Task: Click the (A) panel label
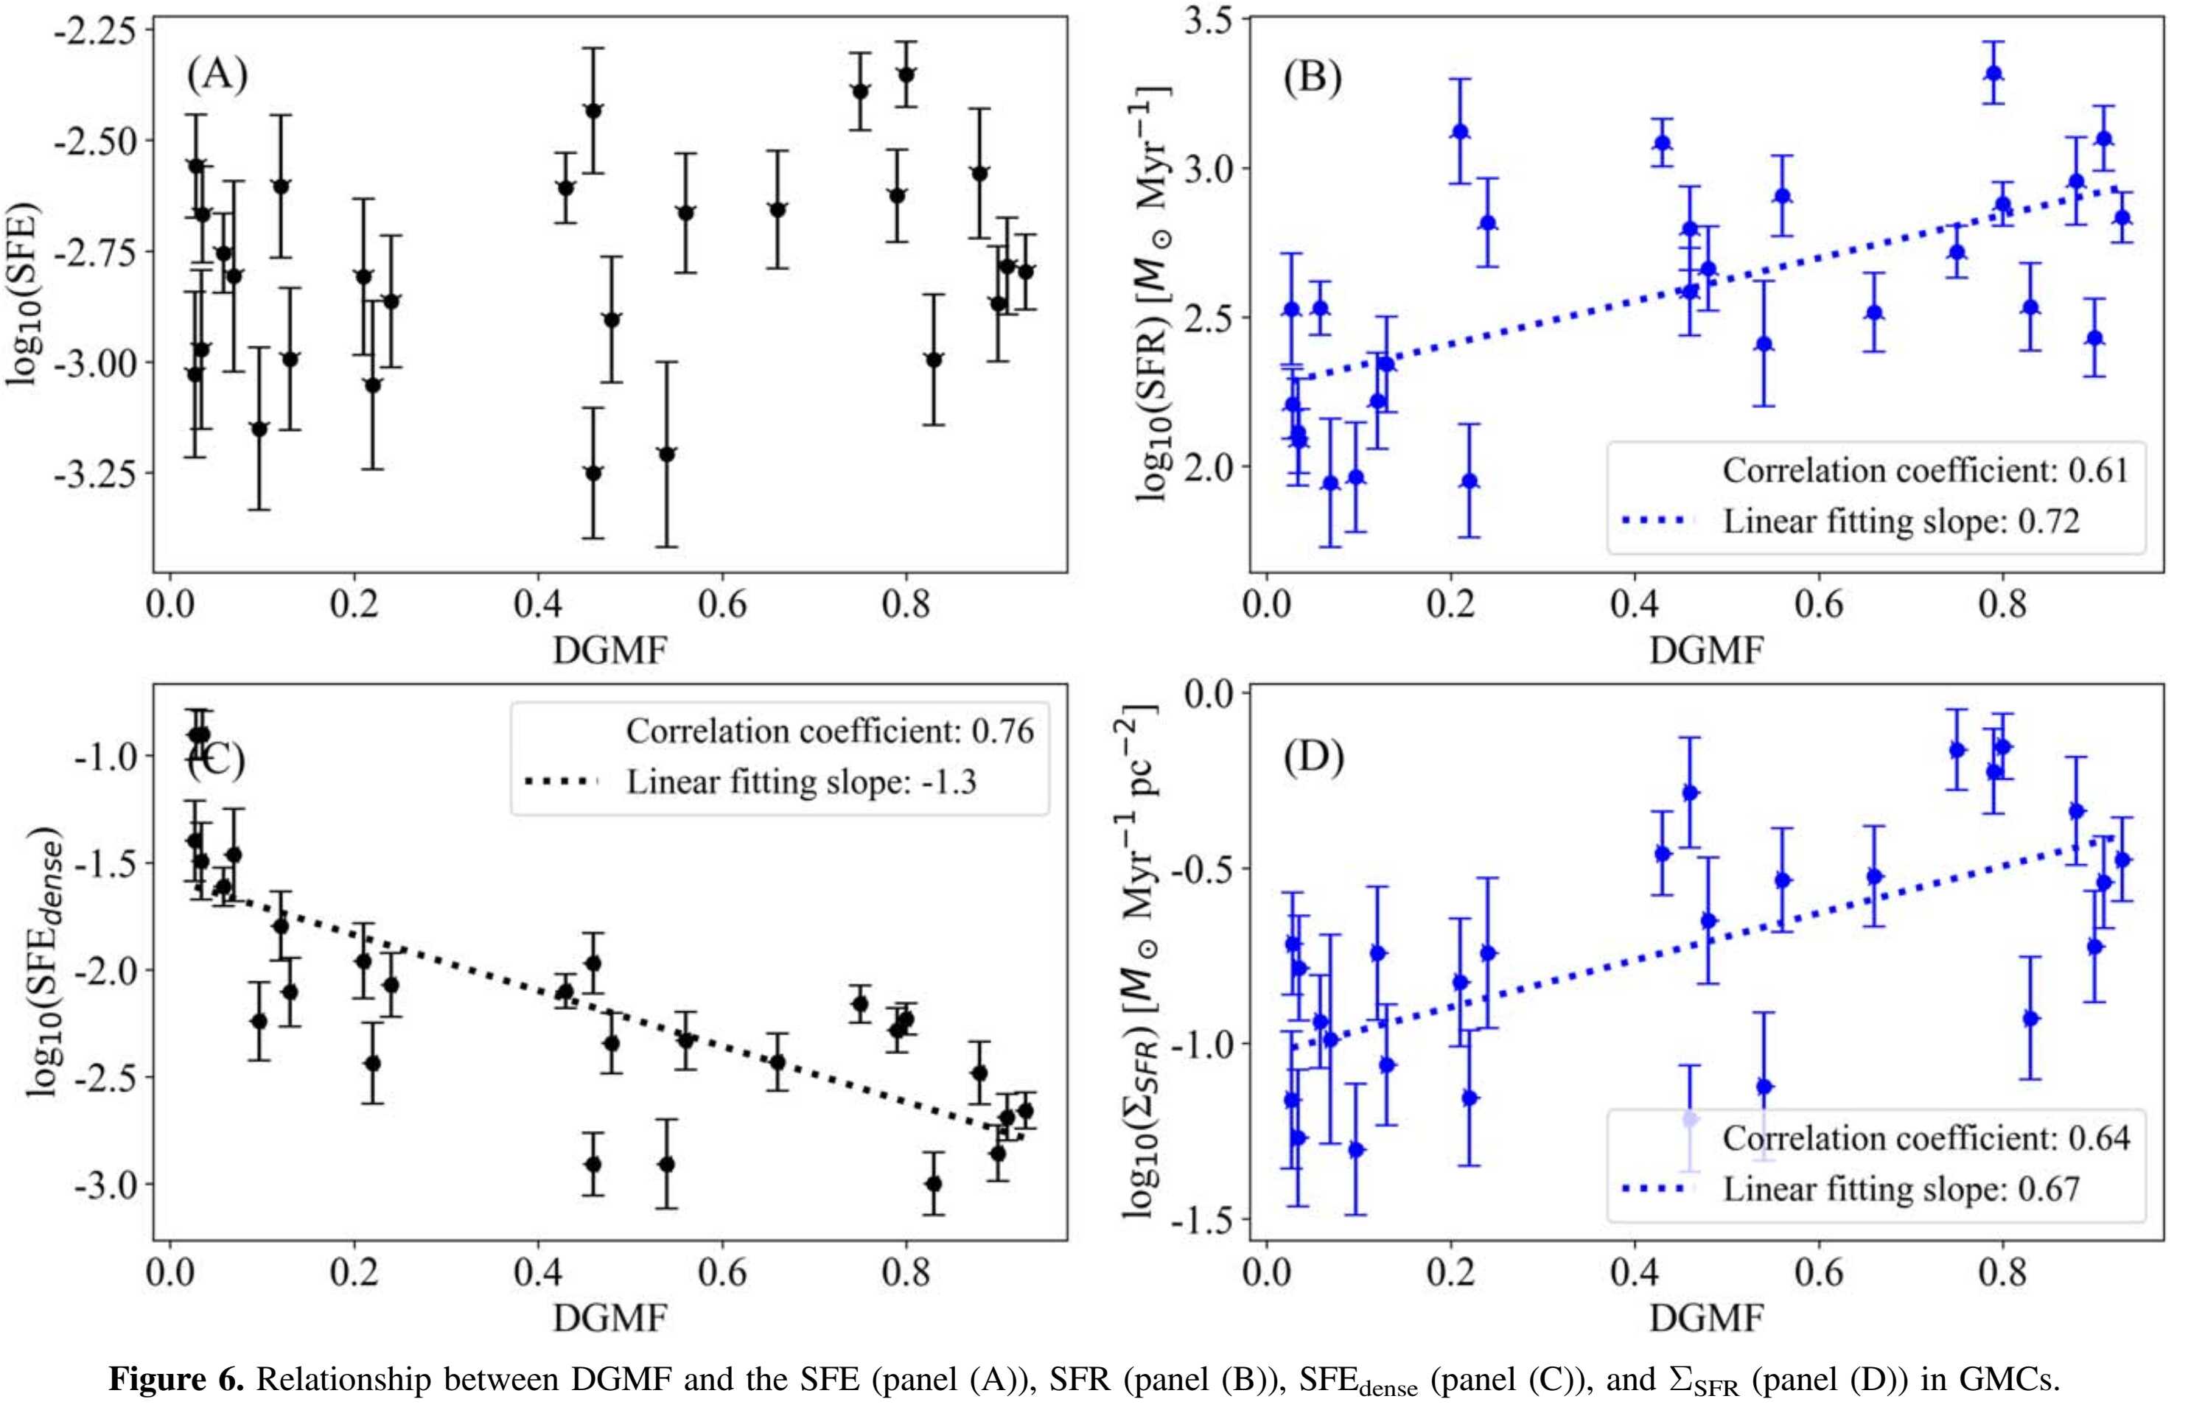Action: [x=217, y=74]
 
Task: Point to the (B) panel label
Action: [x=1312, y=77]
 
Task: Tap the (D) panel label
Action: [x=1313, y=757]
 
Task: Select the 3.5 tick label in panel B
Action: [x=1208, y=20]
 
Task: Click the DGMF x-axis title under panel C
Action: [x=609, y=1318]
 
